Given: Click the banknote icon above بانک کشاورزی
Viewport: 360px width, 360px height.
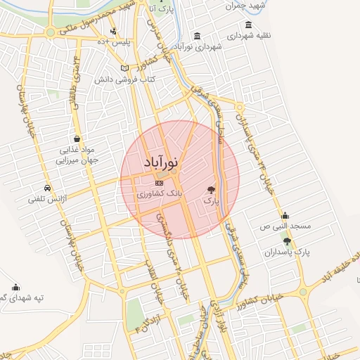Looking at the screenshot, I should coord(158,183).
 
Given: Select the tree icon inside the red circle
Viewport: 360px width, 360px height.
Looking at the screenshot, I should coord(211,190).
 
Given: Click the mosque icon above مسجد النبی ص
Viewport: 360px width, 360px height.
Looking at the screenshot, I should coord(285,216).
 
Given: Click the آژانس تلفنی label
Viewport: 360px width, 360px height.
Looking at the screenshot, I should coord(46,199).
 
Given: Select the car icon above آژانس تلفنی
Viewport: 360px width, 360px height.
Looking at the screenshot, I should coord(46,188).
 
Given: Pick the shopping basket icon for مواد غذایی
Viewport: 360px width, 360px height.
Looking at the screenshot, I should coord(76,139).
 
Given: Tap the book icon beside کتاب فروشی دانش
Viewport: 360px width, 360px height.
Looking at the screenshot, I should coord(125,68).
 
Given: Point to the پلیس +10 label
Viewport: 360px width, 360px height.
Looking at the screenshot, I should coord(114,41).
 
